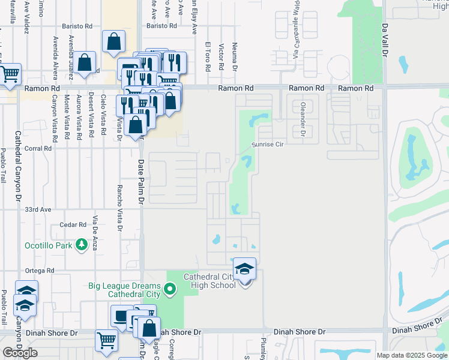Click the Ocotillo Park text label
pos(48,245)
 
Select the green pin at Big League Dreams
pos(170,289)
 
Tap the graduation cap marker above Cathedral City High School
pos(244,268)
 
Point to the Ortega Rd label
pos(41,271)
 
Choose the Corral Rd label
pos(37,148)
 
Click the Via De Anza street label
pos(95,232)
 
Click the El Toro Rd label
pos(208,57)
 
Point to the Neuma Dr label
pos(235,56)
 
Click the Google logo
pos(20,353)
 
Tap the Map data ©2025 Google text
pos(411,355)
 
